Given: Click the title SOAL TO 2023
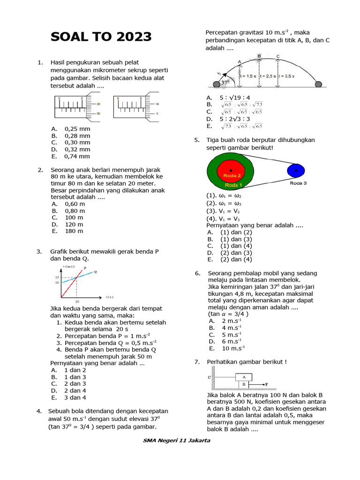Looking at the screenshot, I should [101, 37].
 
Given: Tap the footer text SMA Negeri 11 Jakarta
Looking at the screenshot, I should [176, 440].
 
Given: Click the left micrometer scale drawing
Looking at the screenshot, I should [78, 107].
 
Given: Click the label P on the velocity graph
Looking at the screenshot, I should [85, 268].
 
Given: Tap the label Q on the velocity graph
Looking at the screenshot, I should [96, 272].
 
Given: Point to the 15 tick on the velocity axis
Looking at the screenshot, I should [57, 278].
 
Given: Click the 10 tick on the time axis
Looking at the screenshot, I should [77, 301].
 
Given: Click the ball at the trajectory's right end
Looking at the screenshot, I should [318, 84].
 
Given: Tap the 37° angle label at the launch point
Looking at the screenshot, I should [226, 82].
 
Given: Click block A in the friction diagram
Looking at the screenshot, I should [244, 376].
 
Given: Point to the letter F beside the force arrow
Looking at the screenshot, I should [267, 384].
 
